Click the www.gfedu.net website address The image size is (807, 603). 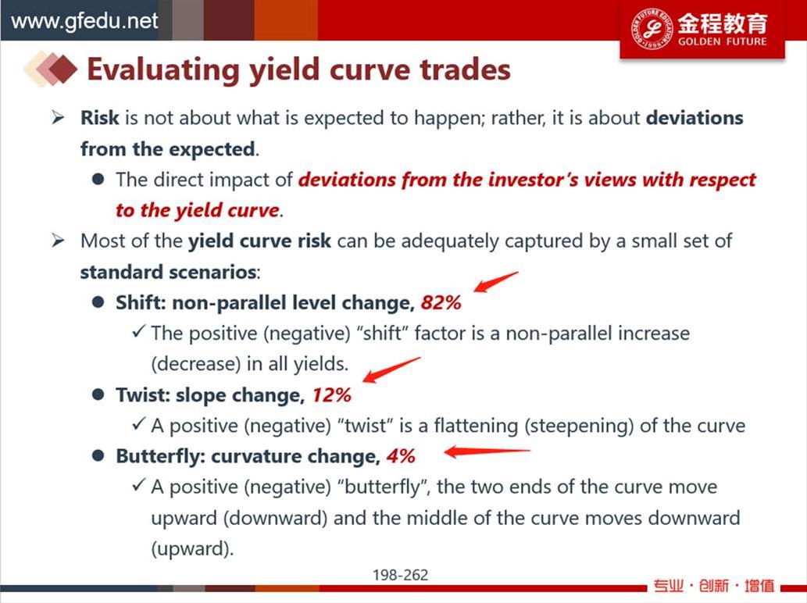point(84,21)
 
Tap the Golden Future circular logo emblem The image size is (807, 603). point(652,29)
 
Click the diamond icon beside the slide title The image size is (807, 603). point(51,69)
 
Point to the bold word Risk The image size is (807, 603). point(100,118)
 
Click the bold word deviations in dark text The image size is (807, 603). point(695,118)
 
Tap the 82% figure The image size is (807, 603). point(441,302)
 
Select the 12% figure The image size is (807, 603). point(331,395)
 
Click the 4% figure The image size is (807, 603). point(401,456)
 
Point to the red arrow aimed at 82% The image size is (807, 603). point(495,282)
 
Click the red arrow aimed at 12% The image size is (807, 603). point(391,370)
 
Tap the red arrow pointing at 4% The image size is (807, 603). point(487,451)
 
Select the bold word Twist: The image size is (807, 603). point(142,395)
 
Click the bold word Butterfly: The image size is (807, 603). point(161,456)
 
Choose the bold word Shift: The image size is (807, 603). point(141,302)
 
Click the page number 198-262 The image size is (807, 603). point(401,575)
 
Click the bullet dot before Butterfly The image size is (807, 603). point(98,456)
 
